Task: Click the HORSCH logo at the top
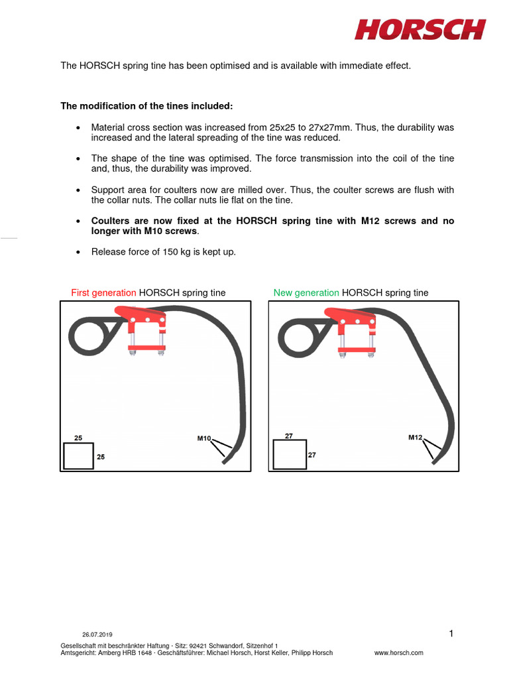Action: pos(420,29)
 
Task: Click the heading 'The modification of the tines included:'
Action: pos(146,106)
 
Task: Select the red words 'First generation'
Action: pos(103,292)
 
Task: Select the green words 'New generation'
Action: pos(306,292)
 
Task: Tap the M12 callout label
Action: pos(416,438)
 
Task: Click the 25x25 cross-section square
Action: pos(78,456)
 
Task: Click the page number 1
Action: pos(451,634)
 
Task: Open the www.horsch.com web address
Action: pos(399,653)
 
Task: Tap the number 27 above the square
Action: pos(288,436)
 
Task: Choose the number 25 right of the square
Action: pos(101,457)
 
